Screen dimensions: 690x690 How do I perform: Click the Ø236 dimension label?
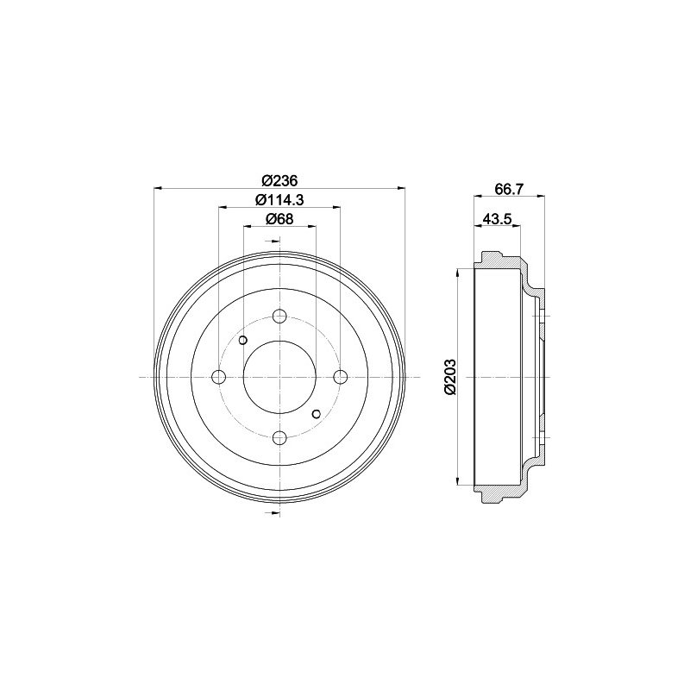279,180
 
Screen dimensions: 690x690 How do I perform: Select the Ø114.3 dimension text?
279,200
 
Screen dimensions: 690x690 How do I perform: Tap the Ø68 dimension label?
279,219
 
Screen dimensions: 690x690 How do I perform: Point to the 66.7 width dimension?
509,189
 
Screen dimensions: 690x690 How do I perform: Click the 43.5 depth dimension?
498,219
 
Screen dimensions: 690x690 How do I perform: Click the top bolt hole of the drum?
279,316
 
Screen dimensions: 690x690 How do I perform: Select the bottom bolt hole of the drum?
279,438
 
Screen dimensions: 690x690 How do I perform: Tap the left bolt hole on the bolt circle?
219,377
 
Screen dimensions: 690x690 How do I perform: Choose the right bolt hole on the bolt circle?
341,377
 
